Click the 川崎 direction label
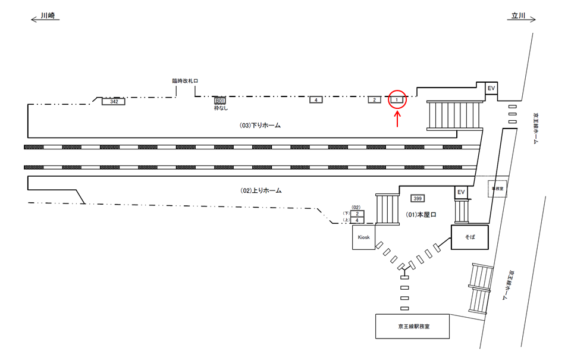pyautogui.click(x=49, y=17)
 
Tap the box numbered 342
pyautogui.click(x=114, y=102)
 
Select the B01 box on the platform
pyautogui.click(x=221, y=101)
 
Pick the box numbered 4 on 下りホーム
pyautogui.click(x=315, y=100)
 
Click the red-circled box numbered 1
pyautogui.click(x=398, y=100)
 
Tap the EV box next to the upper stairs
pyautogui.click(x=491, y=89)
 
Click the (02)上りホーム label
pyautogui.click(x=260, y=190)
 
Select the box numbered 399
pyautogui.click(x=417, y=198)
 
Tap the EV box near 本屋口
pyautogui.click(x=460, y=193)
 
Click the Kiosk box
pyautogui.click(x=363, y=237)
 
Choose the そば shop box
pyautogui.click(x=469, y=237)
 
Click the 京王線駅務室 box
pyautogui.click(x=412, y=327)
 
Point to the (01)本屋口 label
pyautogui.click(x=421, y=215)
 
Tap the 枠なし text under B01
pyautogui.click(x=221, y=108)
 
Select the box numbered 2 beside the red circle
pyautogui.click(x=374, y=100)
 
